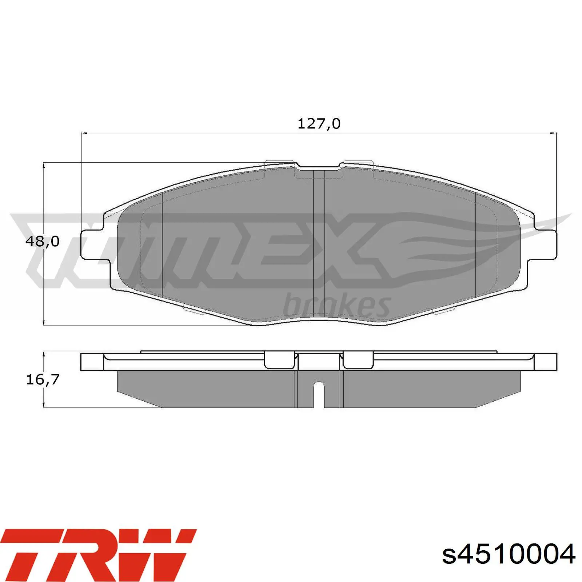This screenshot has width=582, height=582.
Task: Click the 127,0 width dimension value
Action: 319,124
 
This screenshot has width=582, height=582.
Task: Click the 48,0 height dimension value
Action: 42,241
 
